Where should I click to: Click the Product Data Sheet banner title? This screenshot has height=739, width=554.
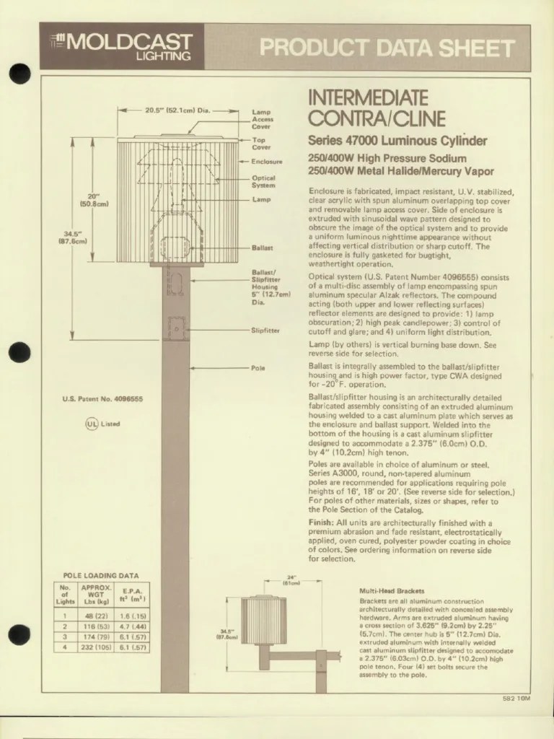(x=387, y=48)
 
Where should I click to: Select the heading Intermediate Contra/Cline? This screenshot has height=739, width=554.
(x=367, y=108)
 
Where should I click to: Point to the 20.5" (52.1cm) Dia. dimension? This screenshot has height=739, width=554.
(x=177, y=110)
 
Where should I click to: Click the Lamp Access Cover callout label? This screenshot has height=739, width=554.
(x=262, y=119)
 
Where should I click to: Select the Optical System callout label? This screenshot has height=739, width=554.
(x=263, y=181)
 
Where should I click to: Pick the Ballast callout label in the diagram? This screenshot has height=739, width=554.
(x=261, y=247)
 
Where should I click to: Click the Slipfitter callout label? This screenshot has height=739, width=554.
(x=265, y=331)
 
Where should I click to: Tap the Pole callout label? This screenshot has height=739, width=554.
(x=258, y=368)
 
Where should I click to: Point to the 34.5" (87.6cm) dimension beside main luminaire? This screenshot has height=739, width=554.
(x=73, y=237)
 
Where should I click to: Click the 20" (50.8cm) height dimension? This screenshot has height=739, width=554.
(x=94, y=200)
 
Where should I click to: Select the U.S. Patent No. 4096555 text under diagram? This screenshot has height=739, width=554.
(x=102, y=399)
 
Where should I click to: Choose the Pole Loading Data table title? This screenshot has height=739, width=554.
(x=101, y=575)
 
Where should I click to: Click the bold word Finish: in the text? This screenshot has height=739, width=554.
(x=321, y=522)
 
